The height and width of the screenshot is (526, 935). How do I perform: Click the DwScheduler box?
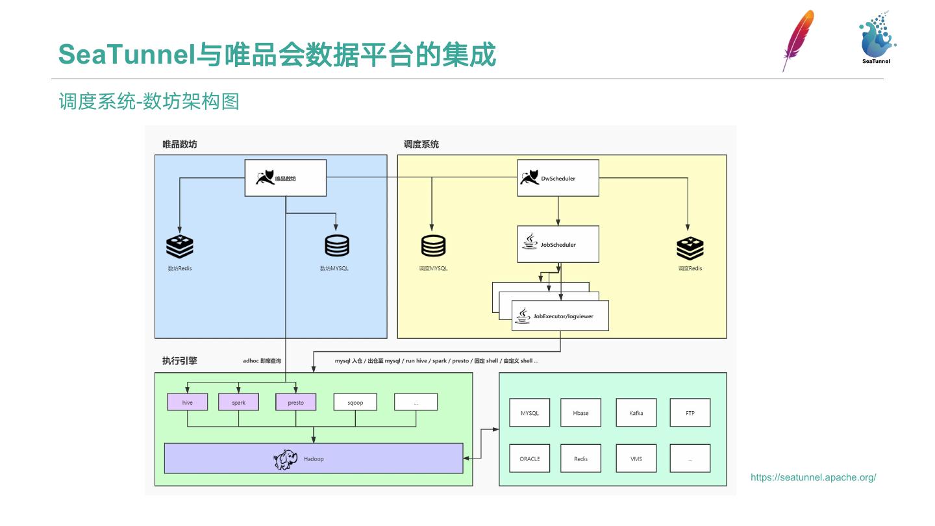click(x=558, y=178)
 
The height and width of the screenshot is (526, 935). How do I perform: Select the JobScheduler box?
click(x=558, y=244)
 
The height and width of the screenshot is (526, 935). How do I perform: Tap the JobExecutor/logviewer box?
click(x=560, y=316)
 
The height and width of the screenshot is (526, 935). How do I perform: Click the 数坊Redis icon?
click(x=180, y=246)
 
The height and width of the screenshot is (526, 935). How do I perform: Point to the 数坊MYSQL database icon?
click(x=337, y=246)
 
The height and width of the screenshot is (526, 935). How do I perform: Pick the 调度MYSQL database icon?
click(x=433, y=246)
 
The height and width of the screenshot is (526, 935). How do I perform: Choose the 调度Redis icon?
click(x=690, y=247)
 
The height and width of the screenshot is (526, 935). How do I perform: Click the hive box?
click(x=188, y=402)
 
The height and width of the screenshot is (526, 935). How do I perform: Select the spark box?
click(x=238, y=402)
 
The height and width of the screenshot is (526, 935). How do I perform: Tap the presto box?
click(x=295, y=402)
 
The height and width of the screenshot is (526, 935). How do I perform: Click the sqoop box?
click(x=355, y=402)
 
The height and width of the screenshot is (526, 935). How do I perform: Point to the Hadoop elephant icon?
click(x=286, y=459)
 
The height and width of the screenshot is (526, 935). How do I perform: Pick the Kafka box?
click(x=636, y=412)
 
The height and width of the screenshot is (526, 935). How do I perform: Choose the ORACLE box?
click(x=530, y=458)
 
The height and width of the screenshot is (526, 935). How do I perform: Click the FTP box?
click(x=690, y=412)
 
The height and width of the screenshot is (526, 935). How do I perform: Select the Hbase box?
click(x=580, y=412)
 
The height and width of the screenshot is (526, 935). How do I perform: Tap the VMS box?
click(x=636, y=458)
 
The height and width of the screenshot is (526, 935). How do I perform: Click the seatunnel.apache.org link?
click(x=813, y=477)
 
